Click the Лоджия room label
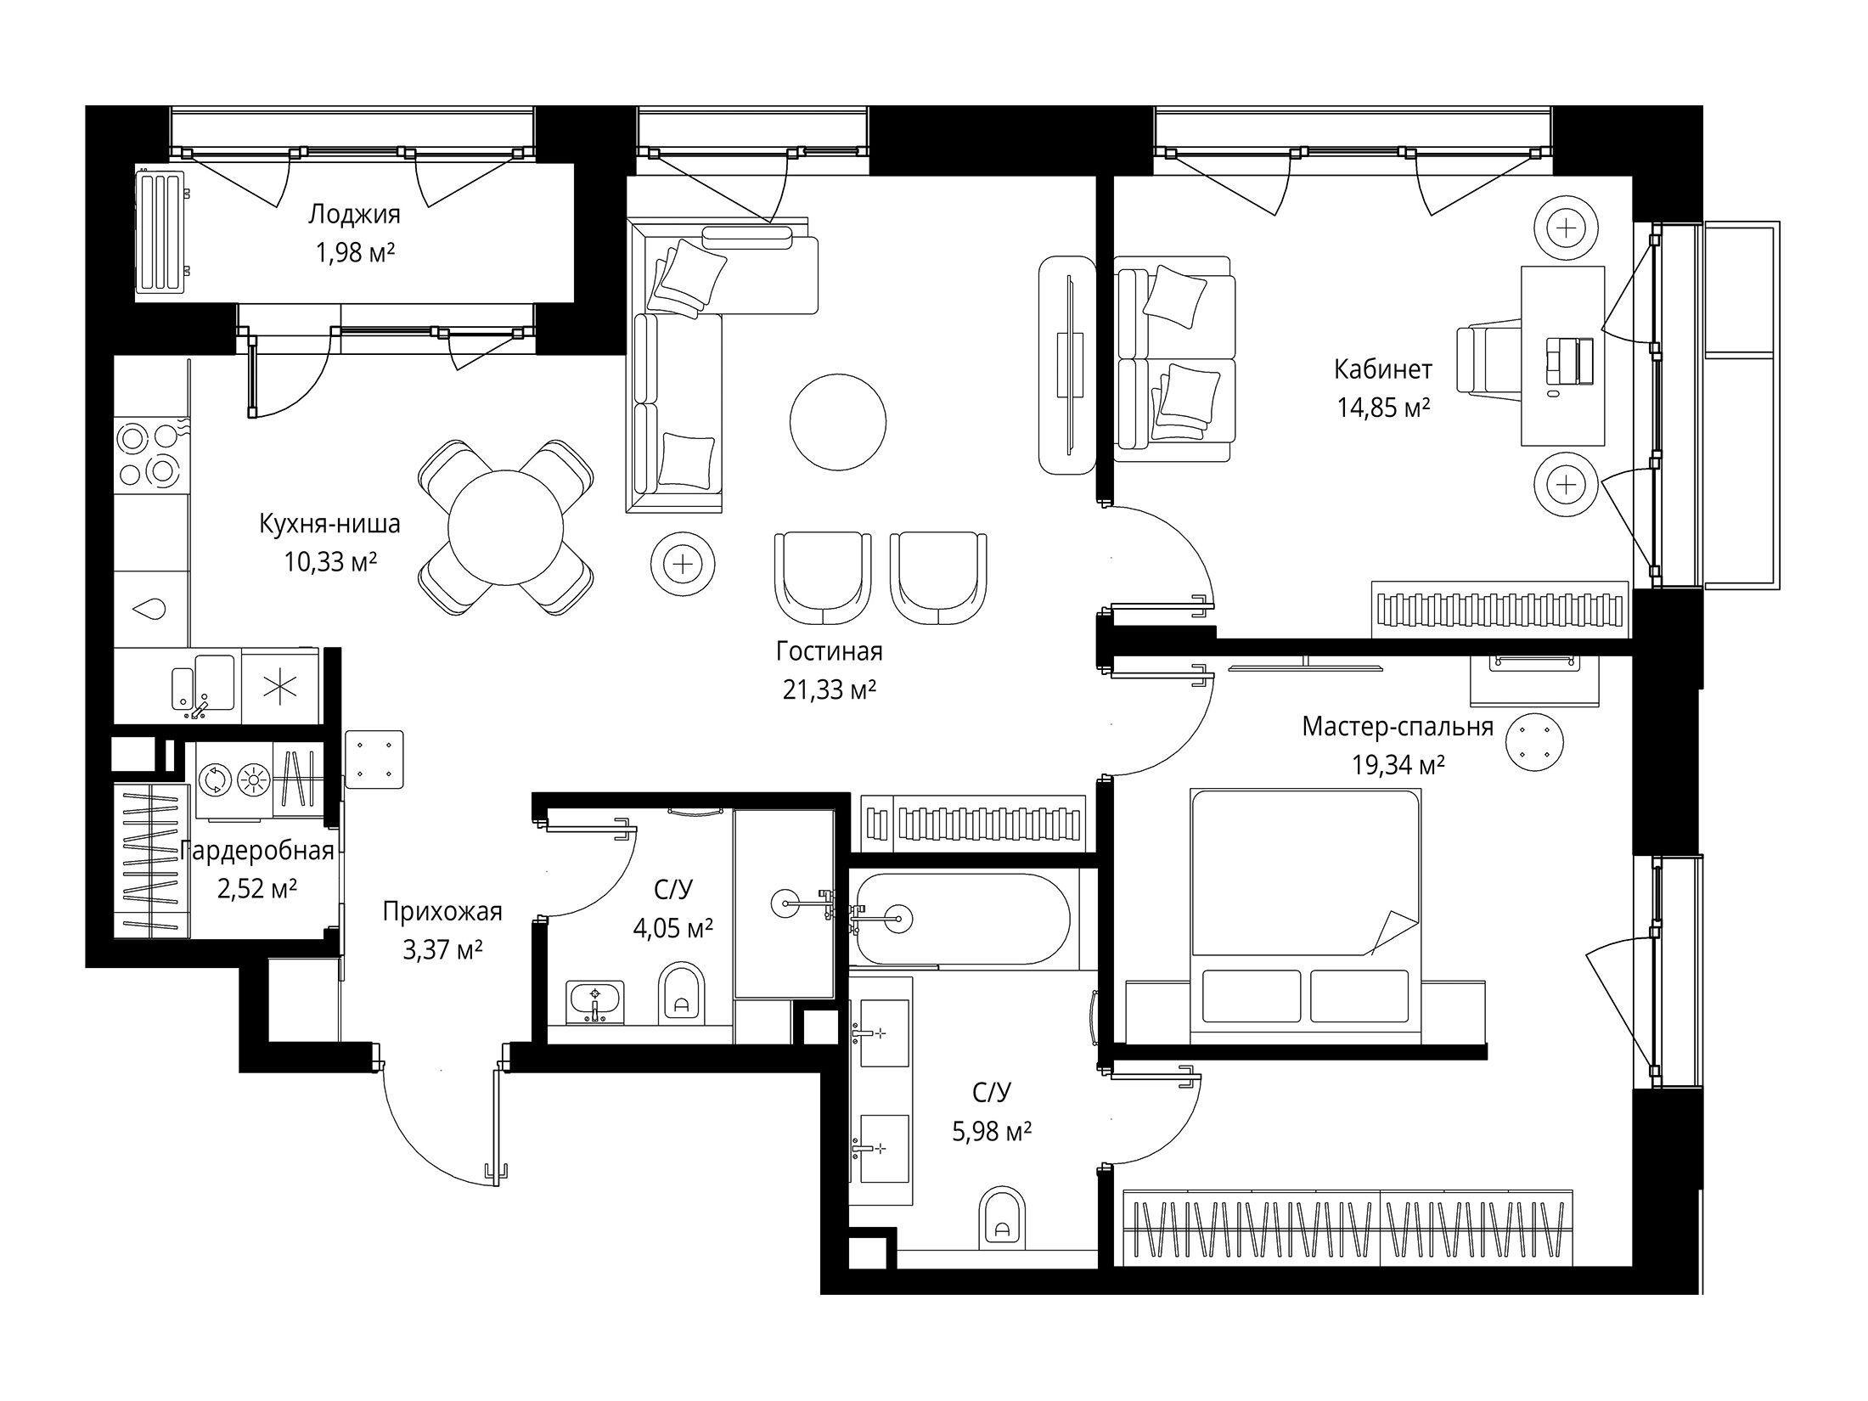click(x=353, y=214)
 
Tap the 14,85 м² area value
click(x=1383, y=408)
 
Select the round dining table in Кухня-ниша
click(x=506, y=527)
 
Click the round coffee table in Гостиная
click(x=838, y=423)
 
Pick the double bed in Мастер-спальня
click(x=1306, y=916)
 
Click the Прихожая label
click(x=442, y=912)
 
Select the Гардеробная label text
click(x=257, y=851)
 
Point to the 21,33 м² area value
click(x=830, y=690)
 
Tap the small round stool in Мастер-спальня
click(x=1533, y=743)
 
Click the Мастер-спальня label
click(x=1398, y=727)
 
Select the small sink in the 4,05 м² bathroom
click(x=595, y=1003)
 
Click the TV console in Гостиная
click(x=1067, y=364)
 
